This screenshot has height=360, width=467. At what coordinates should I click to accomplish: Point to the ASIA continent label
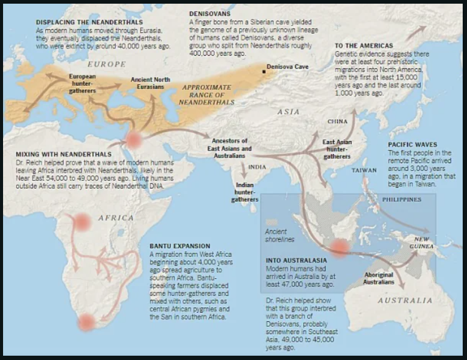pyautogui.click(x=288, y=112)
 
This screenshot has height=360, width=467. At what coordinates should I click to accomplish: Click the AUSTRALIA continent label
pyautogui.click(x=405, y=301)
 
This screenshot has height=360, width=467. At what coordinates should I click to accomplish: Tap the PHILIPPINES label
pyautogui.click(x=401, y=200)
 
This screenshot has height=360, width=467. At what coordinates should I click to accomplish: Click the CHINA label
pyautogui.click(x=337, y=122)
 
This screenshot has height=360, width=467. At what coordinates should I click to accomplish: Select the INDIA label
pyautogui.click(x=257, y=167)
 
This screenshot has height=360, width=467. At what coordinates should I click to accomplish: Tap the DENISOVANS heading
pyautogui.click(x=210, y=13)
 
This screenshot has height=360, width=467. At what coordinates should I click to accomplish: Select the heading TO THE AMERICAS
pyautogui.click(x=363, y=46)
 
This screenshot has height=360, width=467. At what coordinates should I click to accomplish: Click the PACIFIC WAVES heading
pyautogui.click(x=412, y=145)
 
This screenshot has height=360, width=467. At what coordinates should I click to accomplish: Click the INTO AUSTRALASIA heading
pyautogui.click(x=296, y=259)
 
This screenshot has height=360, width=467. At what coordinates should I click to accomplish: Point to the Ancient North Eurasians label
pyautogui.click(x=150, y=83)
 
